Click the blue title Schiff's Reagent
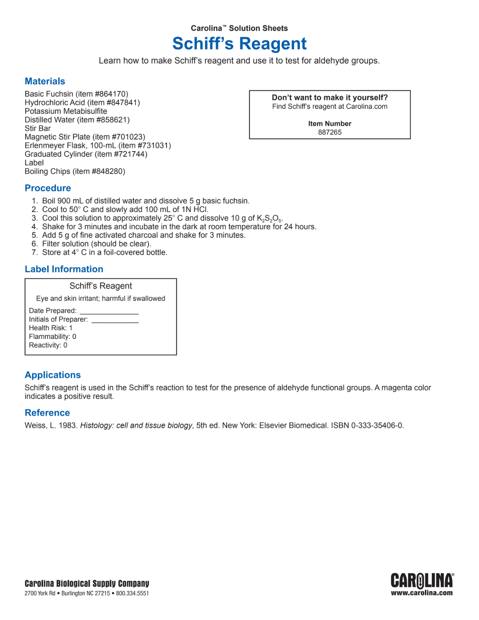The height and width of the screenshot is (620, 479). coord(239,44)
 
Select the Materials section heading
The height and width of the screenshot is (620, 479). coord(45,81)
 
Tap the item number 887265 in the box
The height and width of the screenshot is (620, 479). coord(330,133)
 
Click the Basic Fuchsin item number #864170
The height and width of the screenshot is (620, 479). coord(111,94)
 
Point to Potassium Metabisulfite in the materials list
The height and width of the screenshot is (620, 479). coord(66,111)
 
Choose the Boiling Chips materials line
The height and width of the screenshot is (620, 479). coord(75,172)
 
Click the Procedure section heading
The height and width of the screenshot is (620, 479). coord(48,188)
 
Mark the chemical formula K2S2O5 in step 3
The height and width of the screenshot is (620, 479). coord(269,219)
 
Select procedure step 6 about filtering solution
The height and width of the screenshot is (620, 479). coord(96,244)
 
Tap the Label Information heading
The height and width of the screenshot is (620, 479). coord(64,269)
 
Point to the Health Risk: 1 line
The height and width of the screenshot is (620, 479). coord(51,328)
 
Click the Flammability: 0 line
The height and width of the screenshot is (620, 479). coord(52,337)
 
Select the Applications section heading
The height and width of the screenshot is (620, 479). coord(53,375)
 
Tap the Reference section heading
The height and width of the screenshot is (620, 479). coord(47,413)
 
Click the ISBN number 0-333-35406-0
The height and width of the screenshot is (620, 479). coord(377,426)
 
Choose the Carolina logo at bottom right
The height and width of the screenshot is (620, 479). coord(422,580)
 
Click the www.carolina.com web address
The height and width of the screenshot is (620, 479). coord(422,593)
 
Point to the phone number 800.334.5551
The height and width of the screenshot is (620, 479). coord(132,594)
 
